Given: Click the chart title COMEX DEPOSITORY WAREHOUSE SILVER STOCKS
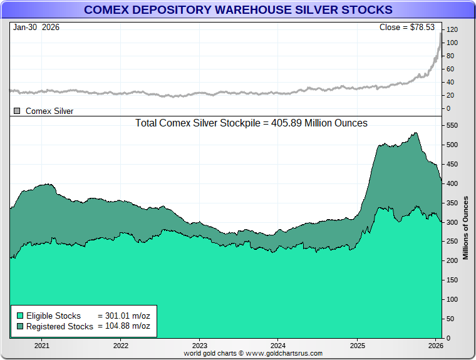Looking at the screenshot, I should coord(238,10).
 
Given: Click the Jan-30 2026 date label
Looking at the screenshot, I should coord(36,28).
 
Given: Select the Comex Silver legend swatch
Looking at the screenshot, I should coord(17,111).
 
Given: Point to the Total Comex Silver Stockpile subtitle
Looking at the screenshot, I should coord(251,123).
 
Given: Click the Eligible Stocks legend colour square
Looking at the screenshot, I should coord(20,316).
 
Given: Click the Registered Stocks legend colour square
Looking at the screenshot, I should coord(20,326).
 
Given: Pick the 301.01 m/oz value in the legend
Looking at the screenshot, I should coord(124,316).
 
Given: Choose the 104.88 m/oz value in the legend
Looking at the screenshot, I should coord(124,326).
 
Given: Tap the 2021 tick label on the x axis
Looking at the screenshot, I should coord(42,346).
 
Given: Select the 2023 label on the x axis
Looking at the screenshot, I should coord(199,346).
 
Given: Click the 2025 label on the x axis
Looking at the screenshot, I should coord(357,346).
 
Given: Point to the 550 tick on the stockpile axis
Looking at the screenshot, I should coord(452,125).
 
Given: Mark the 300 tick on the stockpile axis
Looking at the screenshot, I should coord(452,222).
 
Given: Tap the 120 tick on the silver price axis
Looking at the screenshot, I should coord(452,30).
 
